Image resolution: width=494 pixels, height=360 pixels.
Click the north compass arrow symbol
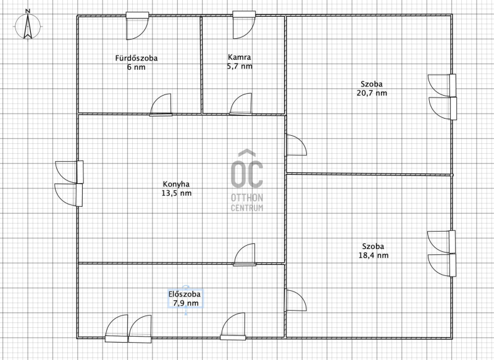pyautogui.click(x=28, y=25)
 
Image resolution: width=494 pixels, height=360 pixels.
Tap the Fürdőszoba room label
pyautogui.click(x=136, y=58)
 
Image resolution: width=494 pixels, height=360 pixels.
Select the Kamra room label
pyautogui.click(x=240, y=57)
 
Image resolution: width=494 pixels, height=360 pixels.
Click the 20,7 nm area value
pyautogui.click(x=372, y=93)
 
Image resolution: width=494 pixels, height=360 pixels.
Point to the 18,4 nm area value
pyautogui.click(x=374, y=256)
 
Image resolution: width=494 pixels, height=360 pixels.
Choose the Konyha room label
pyautogui.click(x=176, y=184)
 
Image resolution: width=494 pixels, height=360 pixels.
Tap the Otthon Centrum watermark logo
pyautogui.click(x=247, y=180)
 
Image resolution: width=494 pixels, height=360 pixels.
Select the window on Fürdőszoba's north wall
pyautogui.click(x=137, y=26)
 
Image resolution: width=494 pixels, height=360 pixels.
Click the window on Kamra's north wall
pyautogui.click(x=244, y=25)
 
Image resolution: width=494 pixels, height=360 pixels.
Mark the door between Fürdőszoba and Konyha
pyautogui.click(x=161, y=105)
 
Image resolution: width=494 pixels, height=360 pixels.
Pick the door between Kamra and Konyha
pyautogui.click(x=241, y=104)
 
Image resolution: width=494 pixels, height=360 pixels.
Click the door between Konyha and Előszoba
pyautogui.click(x=245, y=254)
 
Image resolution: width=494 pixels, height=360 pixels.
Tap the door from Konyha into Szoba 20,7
pyautogui.click(x=296, y=145)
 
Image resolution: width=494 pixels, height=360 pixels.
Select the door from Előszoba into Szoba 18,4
pyautogui.click(x=296, y=301)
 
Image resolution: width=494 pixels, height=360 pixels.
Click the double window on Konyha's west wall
pyautogui.click(x=69, y=183)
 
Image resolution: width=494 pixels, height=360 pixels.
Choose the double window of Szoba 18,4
pyautogui.click(x=442, y=254)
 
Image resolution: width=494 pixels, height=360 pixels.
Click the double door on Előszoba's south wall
pyautogui.click(x=128, y=329)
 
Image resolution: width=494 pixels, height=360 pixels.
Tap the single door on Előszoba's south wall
pyautogui.click(x=233, y=326)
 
